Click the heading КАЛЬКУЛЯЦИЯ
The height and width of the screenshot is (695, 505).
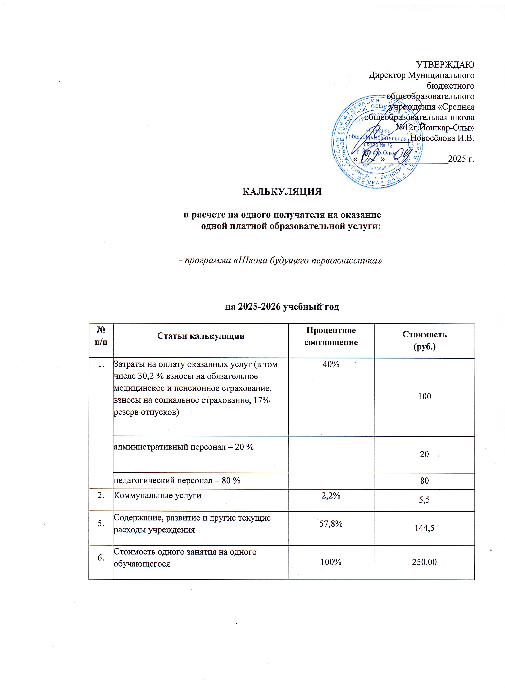282,192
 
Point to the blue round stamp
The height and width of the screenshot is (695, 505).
377,142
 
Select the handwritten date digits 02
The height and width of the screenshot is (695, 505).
369,158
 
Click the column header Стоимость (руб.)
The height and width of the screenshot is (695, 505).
424,340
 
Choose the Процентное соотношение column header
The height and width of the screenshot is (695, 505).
331,336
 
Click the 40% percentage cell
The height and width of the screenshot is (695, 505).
331,364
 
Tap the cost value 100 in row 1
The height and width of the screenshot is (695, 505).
424,396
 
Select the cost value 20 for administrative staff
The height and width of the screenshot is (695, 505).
424,454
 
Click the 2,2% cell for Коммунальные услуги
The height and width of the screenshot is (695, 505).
331,495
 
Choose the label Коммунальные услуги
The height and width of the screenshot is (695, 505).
157,495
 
